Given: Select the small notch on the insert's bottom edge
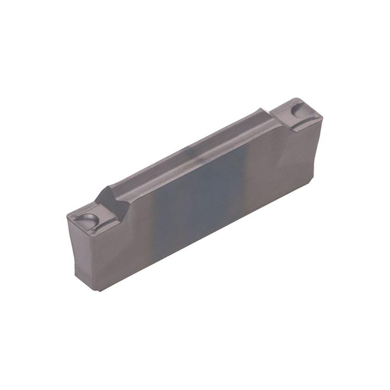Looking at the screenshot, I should click(x=99, y=289).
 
